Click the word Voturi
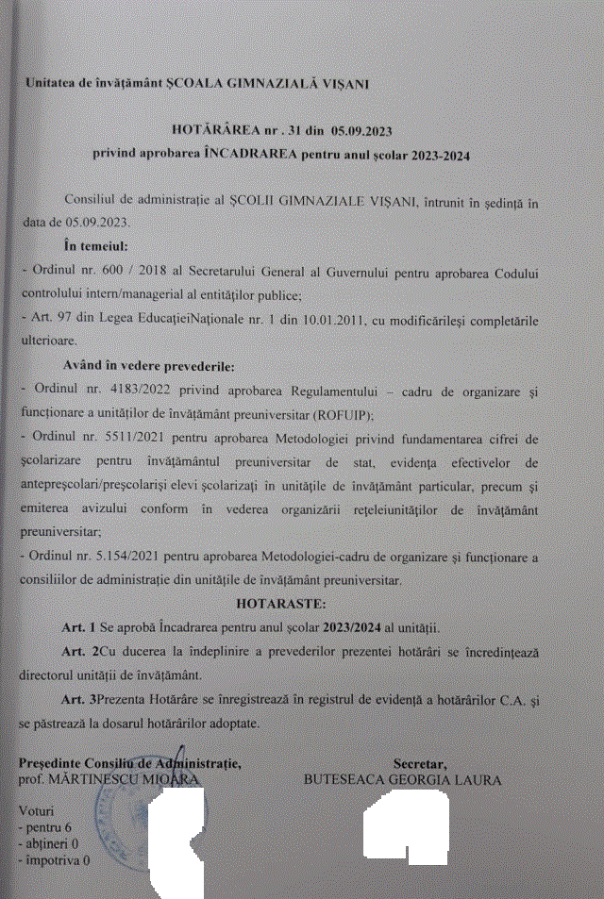(38, 810)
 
